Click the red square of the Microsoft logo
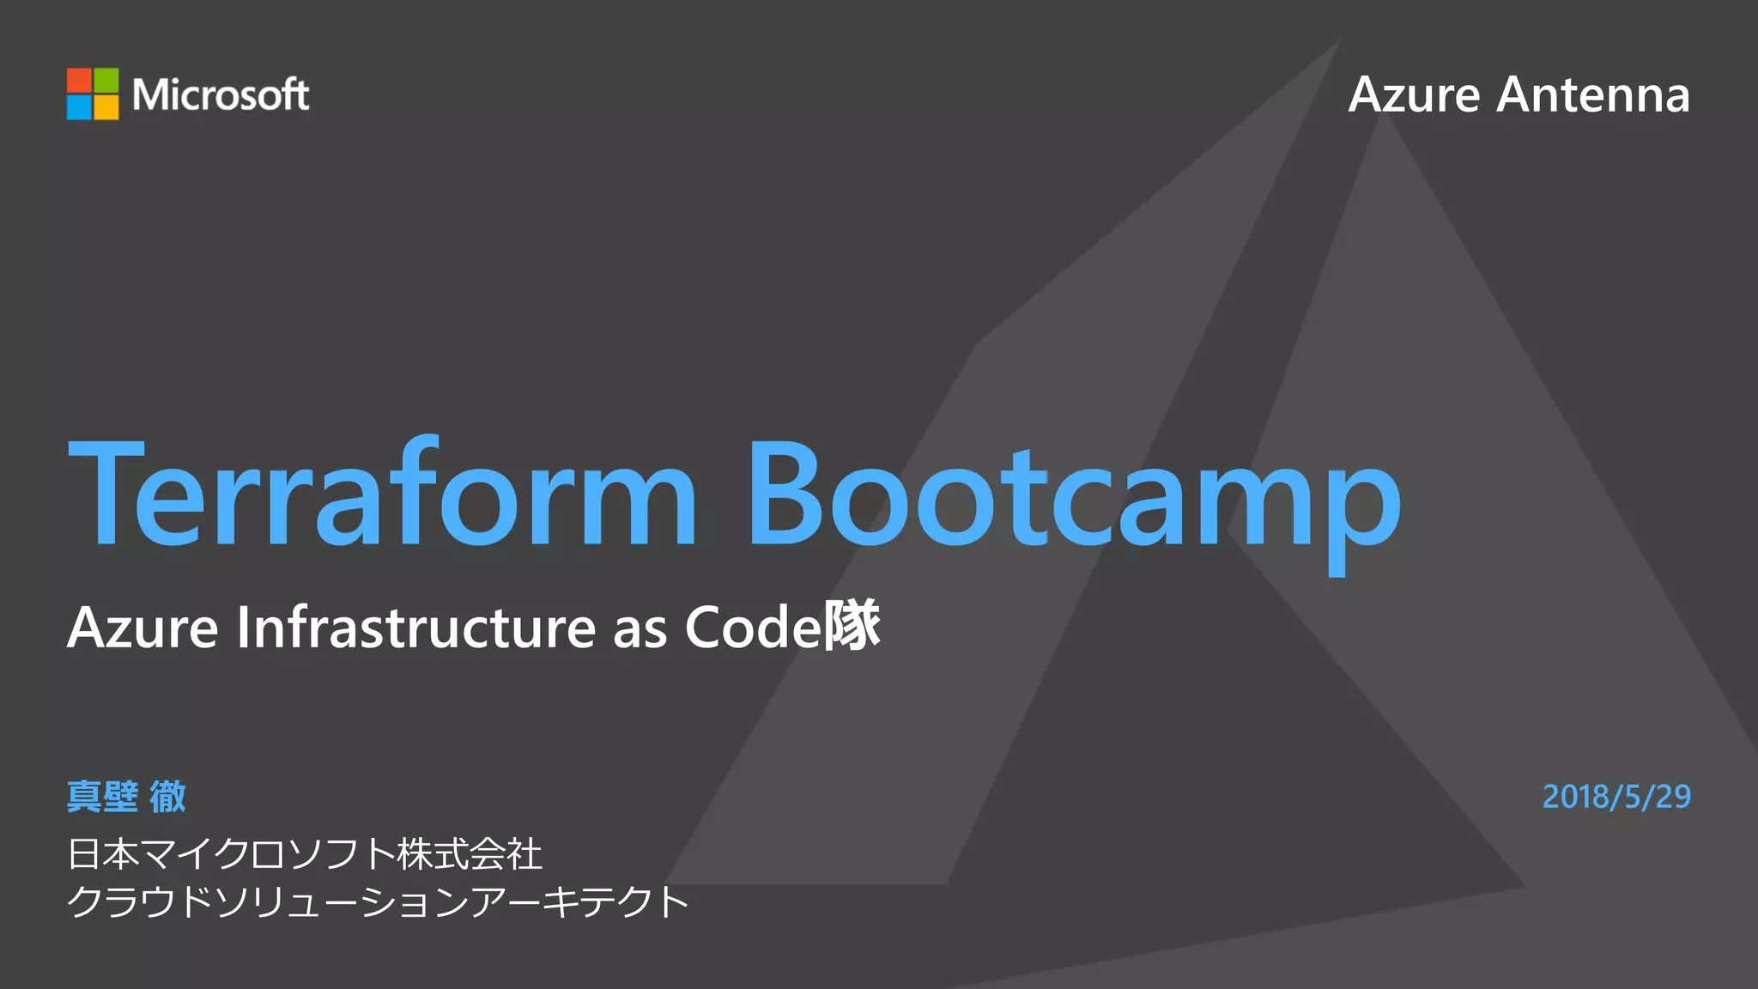pyautogui.click(x=80, y=81)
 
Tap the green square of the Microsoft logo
pyautogui.click(x=106, y=81)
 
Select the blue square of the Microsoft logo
pyautogui.click(x=80, y=107)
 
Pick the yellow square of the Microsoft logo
pyautogui.click(x=106, y=107)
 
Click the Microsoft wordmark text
pyautogui.click(x=221, y=94)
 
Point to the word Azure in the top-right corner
pyautogui.click(x=1414, y=94)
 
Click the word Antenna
pyautogui.click(x=1593, y=94)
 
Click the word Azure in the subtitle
pyautogui.click(x=142, y=628)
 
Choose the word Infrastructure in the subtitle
pyautogui.click(x=416, y=628)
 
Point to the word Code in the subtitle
pyautogui.click(x=753, y=628)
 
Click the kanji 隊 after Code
pyautogui.click(x=852, y=625)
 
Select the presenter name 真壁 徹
pyautogui.click(x=127, y=797)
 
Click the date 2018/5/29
pyautogui.click(x=1616, y=797)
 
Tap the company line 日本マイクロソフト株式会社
pyautogui.click(x=305, y=854)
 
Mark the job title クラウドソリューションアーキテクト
pyautogui.click(x=378, y=902)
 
